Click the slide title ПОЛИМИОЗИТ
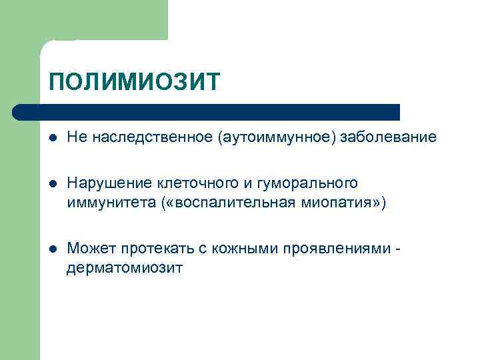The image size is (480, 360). pyautogui.click(x=134, y=83)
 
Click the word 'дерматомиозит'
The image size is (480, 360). pyautogui.click(x=124, y=268)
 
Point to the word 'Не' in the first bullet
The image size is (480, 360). pyautogui.click(x=75, y=137)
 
